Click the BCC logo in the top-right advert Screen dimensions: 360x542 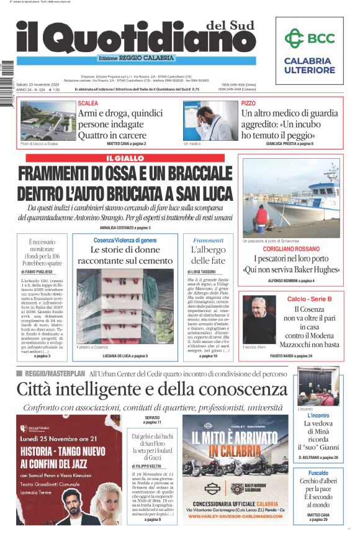[309, 38]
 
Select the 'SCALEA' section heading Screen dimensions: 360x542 [88, 103]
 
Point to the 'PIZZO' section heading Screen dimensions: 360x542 [248, 103]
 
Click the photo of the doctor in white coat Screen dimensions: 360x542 [210, 120]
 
